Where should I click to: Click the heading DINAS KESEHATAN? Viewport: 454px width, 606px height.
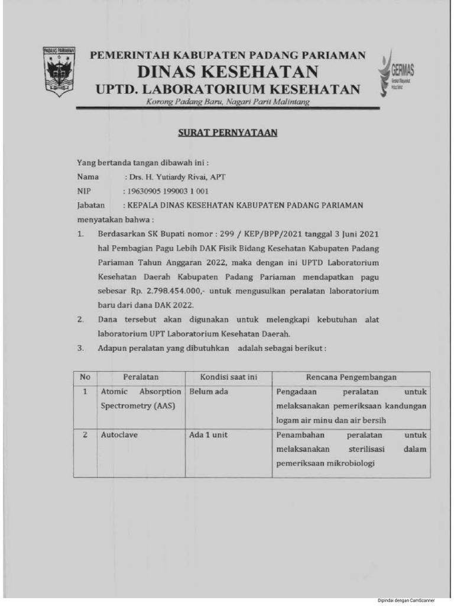pyautogui.click(x=228, y=72)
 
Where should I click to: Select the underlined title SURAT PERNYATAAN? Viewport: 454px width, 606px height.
pyautogui.click(x=228, y=133)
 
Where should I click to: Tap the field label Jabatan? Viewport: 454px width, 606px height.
pyautogui.click(x=90, y=205)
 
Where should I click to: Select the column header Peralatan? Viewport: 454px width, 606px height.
pyautogui.click(x=141, y=377)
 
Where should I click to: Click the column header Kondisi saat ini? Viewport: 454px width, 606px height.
pyautogui.click(x=228, y=377)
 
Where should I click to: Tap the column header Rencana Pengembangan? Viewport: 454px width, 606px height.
pyautogui.click(x=351, y=377)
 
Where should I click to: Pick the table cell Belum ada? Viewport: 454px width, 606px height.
pyautogui.click(x=209, y=392)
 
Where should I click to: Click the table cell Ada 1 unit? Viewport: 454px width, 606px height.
pyautogui.click(x=208, y=434)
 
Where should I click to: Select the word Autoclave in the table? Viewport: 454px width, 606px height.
pyautogui.click(x=119, y=434)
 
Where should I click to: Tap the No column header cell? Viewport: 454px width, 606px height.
pyautogui.click(x=85, y=377)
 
